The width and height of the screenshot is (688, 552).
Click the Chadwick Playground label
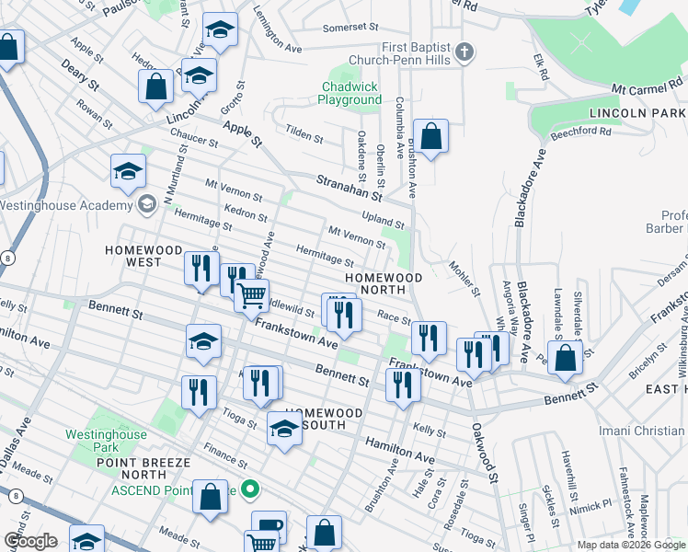(350, 93)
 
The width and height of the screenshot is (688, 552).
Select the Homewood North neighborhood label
(384, 284)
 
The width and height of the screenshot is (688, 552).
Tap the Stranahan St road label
(349, 187)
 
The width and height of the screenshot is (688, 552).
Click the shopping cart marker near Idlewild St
(251, 295)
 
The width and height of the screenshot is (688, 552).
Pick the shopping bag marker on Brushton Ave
(430, 136)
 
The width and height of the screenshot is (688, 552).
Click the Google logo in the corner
(30, 540)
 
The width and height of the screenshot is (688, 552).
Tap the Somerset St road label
(350, 28)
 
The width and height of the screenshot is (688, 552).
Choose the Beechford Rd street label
(580, 132)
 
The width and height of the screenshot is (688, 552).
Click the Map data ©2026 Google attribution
(631, 545)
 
